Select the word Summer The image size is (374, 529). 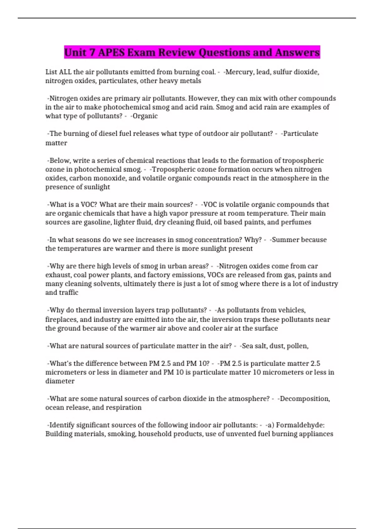click(x=283, y=240)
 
